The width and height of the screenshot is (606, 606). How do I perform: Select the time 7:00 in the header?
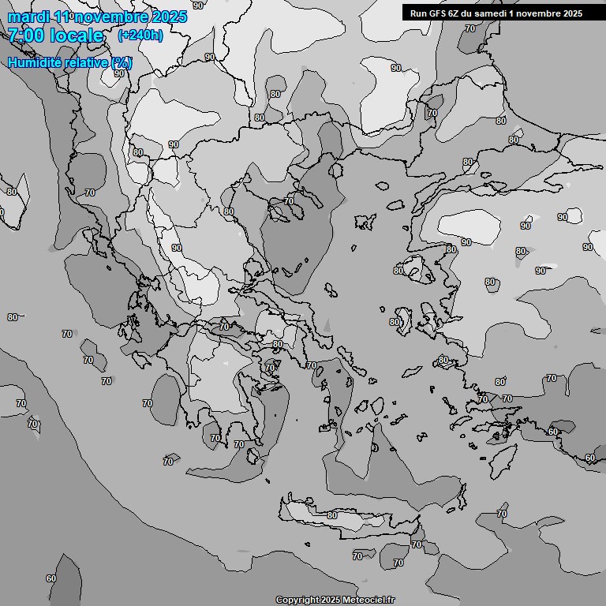pos(28,36)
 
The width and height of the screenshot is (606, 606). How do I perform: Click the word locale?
pos(77,36)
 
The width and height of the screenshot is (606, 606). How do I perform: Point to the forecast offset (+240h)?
pos(140,36)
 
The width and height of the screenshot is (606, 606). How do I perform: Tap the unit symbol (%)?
pos(122,62)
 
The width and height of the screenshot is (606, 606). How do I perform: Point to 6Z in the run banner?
pos(456,13)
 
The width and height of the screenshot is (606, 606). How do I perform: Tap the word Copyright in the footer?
pos(297,600)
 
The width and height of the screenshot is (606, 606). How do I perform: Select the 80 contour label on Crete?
pos(331,515)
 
